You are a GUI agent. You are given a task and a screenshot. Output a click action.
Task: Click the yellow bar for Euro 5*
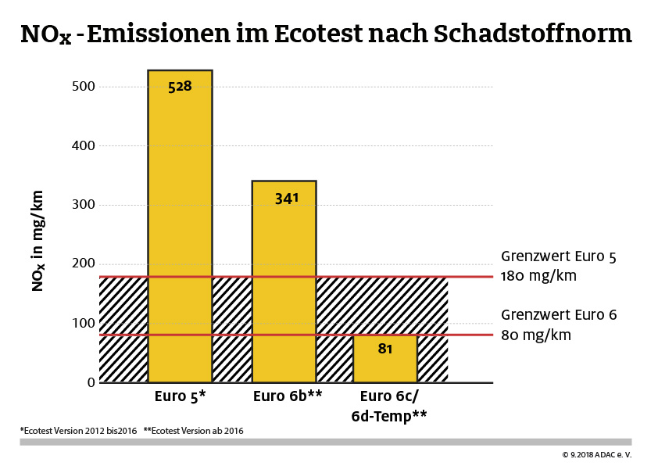coord(180,227)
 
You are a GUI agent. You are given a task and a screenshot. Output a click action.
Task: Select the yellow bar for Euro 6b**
coord(284,281)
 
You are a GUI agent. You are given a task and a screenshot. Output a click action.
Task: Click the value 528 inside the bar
coord(180,86)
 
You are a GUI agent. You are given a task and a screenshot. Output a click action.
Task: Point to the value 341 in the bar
coord(287,199)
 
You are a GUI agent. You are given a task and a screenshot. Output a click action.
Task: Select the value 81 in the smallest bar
coord(384,349)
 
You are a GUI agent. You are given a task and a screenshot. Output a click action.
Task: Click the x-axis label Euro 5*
coord(180,396)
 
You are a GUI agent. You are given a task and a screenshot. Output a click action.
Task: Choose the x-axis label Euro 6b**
coord(288,396)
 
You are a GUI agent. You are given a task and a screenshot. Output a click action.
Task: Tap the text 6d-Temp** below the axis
coord(388,415)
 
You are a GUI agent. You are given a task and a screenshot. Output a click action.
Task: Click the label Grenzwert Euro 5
coord(559,256)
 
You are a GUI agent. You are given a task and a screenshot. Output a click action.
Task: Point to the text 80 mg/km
coord(536,335)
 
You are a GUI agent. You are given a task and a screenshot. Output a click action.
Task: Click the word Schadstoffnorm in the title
coord(531,34)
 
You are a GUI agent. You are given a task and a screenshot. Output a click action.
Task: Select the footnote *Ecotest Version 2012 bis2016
coord(78,431)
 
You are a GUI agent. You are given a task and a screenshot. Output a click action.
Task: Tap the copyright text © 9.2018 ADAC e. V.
coord(596,454)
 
